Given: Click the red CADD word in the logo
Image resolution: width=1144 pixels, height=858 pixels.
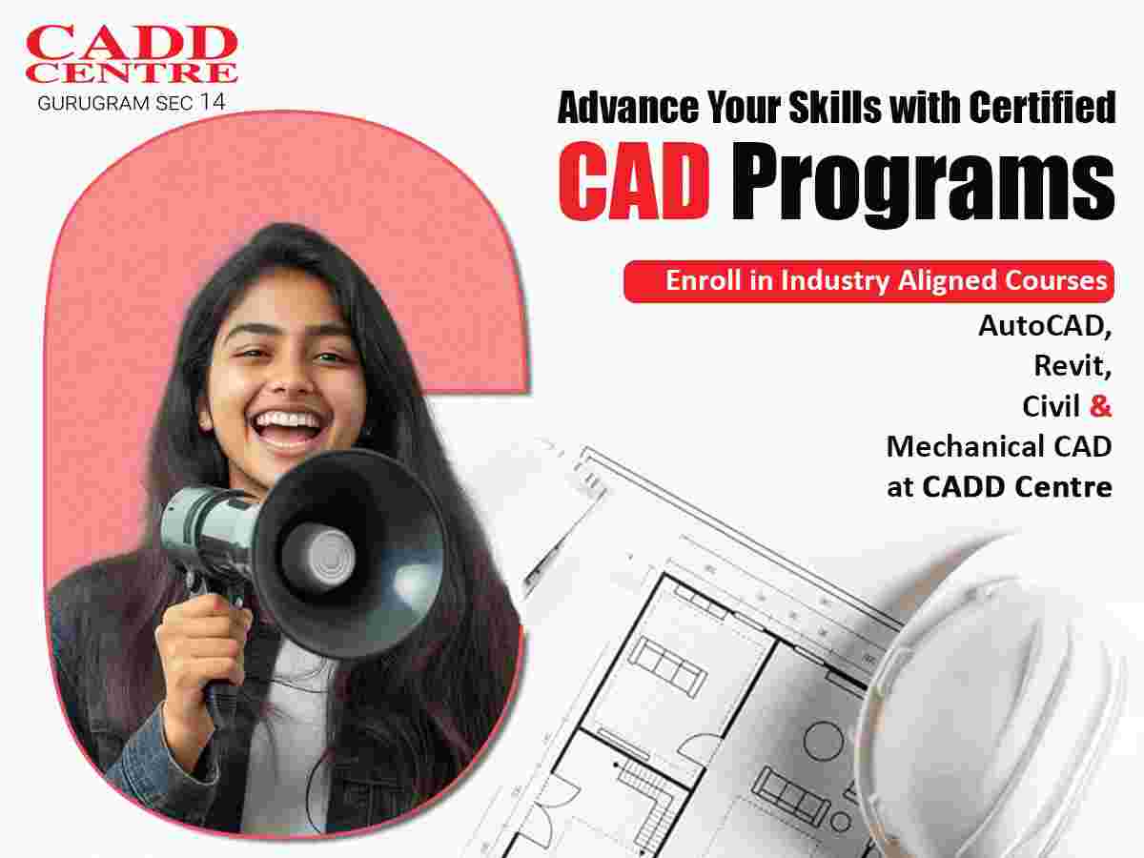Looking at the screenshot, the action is (x=132, y=43).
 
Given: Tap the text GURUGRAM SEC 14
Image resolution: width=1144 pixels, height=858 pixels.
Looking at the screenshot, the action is (x=132, y=102).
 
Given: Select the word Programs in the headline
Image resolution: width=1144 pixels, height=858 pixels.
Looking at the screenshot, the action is (x=923, y=185).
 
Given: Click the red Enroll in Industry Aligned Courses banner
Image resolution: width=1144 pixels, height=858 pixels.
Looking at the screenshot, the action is (x=868, y=281).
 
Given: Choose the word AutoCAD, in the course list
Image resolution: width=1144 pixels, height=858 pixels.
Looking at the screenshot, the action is (x=1045, y=327).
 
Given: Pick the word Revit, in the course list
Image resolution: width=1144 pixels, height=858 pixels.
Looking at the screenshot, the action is (x=1072, y=366).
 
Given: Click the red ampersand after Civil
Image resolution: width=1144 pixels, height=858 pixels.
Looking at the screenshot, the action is (x=1100, y=406).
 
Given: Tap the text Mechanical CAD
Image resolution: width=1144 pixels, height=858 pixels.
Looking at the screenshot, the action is (x=999, y=447).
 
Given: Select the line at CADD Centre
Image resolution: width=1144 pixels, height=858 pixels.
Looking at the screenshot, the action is (x=1000, y=487).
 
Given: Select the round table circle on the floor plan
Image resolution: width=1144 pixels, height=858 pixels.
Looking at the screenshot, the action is (x=824, y=741).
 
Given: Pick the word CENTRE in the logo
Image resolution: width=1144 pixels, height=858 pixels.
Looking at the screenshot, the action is (x=132, y=73).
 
